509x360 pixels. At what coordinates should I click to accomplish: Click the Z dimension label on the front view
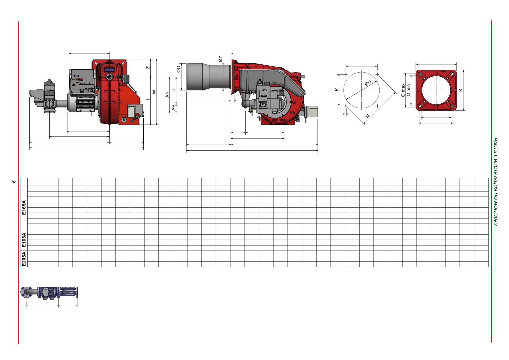(x=148, y=67)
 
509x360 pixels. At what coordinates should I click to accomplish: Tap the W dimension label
(x=154, y=92)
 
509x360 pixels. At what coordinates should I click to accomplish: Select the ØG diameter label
(x=179, y=69)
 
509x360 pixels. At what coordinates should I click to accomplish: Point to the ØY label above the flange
(x=220, y=59)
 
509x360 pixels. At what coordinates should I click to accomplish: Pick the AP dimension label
(x=174, y=107)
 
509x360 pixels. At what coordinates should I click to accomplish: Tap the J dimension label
(x=174, y=90)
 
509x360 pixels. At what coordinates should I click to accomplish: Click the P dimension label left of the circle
(x=336, y=90)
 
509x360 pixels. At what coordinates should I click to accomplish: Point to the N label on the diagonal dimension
(x=367, y=116)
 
